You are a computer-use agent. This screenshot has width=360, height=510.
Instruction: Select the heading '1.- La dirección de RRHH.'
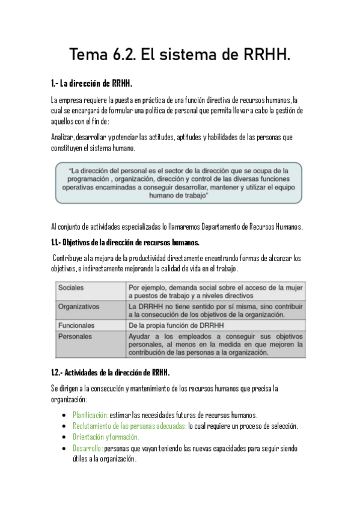(x=91, y=83)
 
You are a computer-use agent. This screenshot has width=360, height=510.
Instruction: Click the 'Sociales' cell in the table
(x=72, y=287)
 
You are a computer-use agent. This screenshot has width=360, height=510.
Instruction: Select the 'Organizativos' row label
(x=79, y=306)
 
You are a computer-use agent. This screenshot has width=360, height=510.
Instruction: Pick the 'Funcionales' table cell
(x=76, y=325)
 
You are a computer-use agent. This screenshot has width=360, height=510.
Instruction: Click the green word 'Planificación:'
(x=91, y=415)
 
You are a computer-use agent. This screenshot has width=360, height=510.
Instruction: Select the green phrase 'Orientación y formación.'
(x=106, y=437)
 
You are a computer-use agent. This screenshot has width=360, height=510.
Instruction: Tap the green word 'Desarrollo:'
(x=88, y=449)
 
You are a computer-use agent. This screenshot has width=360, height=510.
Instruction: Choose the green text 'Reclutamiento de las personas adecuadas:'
(x=129, y=426)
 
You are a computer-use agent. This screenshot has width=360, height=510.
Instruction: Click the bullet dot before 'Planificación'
(x=64, y=416)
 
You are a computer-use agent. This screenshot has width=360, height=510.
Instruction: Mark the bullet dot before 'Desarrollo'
(x=64, y=449)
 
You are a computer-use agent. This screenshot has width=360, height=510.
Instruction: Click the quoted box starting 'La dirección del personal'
(x=178, y=182)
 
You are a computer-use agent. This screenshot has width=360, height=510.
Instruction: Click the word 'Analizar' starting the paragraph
(x=63, y=137)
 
